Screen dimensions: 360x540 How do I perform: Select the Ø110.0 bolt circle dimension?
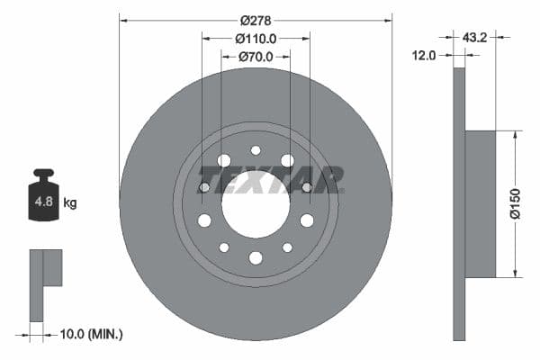coord(256,39)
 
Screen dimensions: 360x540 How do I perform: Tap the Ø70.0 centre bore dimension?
coord(256,57)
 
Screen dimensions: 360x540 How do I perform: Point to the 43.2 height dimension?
coord(475,38)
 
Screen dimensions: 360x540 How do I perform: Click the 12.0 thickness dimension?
coord(424,55)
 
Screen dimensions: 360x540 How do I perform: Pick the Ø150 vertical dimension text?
coord(516,203)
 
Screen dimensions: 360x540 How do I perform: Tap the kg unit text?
coord(70,203)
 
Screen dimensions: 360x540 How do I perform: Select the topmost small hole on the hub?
coord(256,150)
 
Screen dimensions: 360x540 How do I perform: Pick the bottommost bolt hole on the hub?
coord(256,258)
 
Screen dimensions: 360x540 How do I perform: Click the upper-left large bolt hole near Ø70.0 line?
coord(224,160)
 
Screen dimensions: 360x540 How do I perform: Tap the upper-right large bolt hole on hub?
coord(287,160)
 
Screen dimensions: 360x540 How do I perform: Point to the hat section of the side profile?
coord(481,203)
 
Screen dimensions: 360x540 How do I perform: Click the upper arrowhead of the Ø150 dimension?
coord(515,135)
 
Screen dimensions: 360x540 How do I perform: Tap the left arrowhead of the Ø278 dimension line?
coord(123,18)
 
